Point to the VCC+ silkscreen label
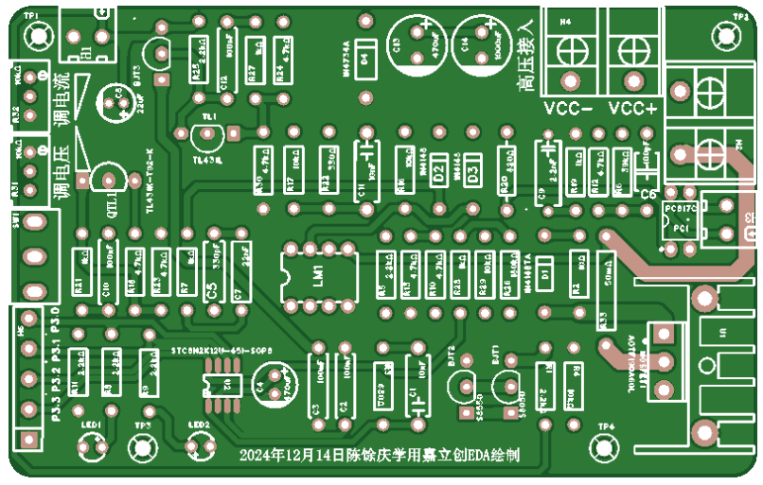[632, 109]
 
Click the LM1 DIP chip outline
[318, 275]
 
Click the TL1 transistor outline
[207, 136]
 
